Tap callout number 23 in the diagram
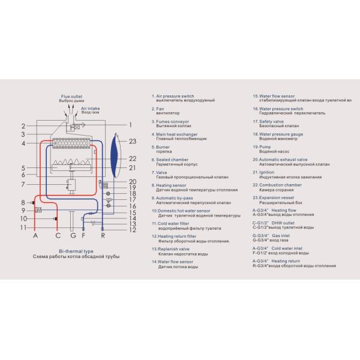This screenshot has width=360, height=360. (133, 141)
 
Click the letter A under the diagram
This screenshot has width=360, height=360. (35, 236)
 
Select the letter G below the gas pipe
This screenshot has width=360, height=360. (73, 236)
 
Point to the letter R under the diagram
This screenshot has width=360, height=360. (103, 236)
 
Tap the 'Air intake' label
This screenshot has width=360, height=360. (89, 108)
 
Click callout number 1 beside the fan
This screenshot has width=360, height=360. (130, 125)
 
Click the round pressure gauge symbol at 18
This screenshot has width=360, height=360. (108, 194)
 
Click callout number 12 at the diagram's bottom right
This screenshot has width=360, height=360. (133, 230)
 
